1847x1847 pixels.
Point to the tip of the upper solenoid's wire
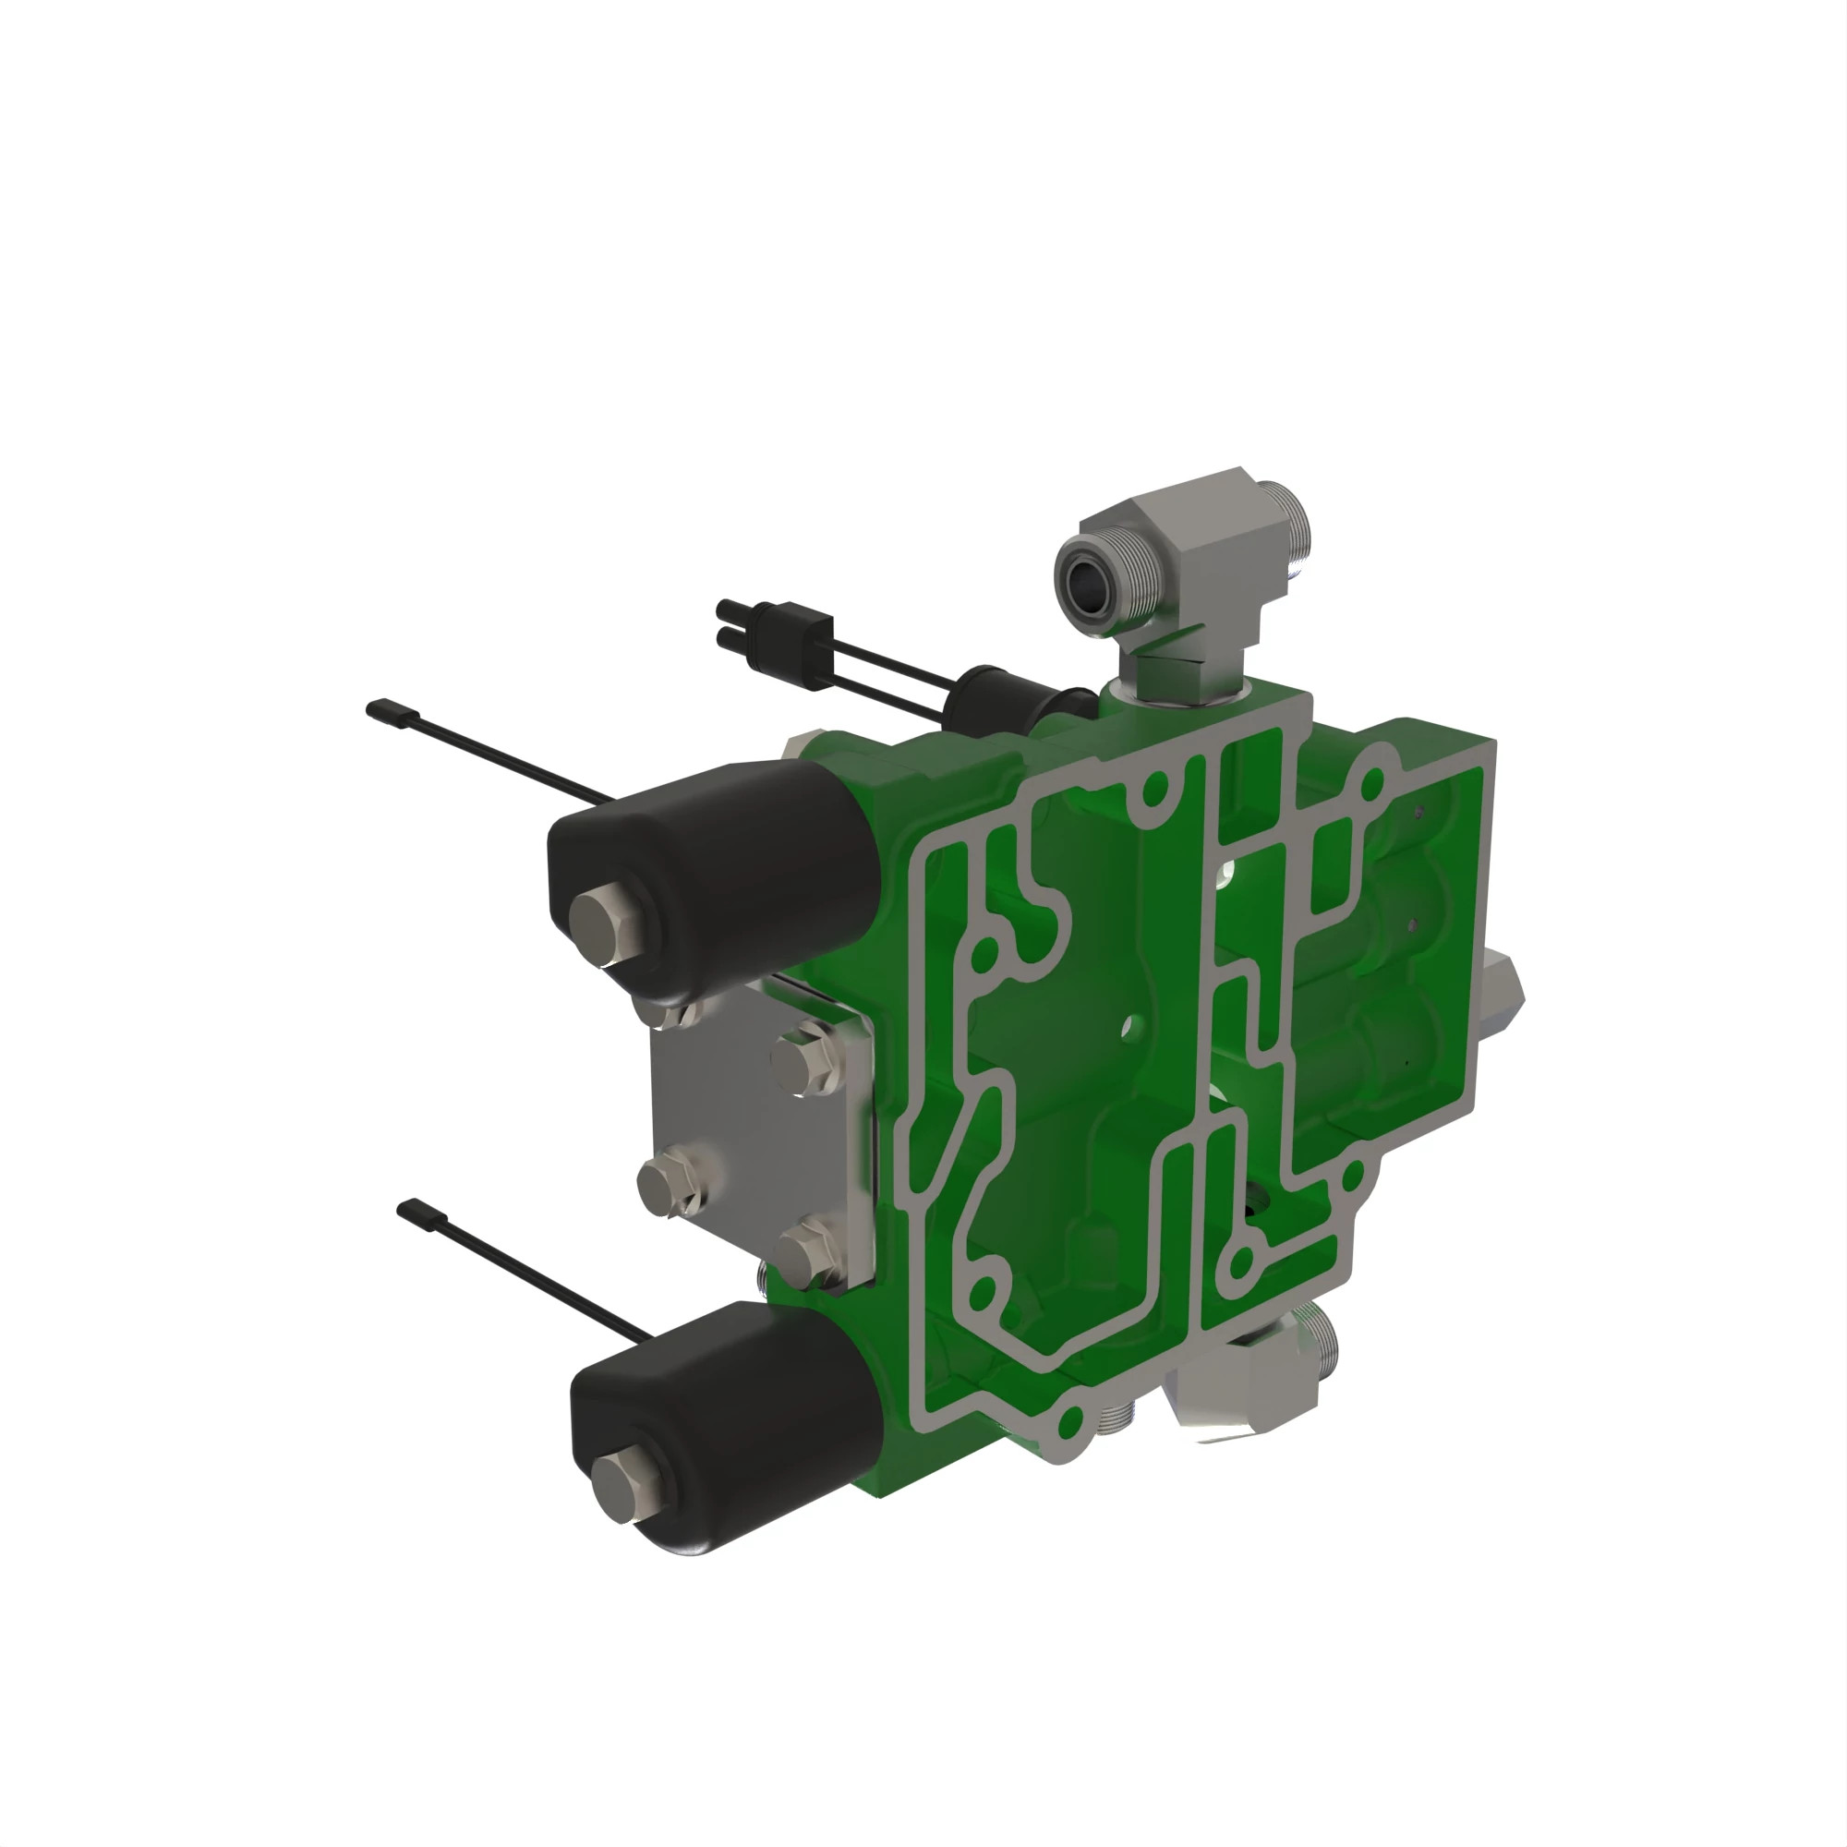click(x=376, y=708)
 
